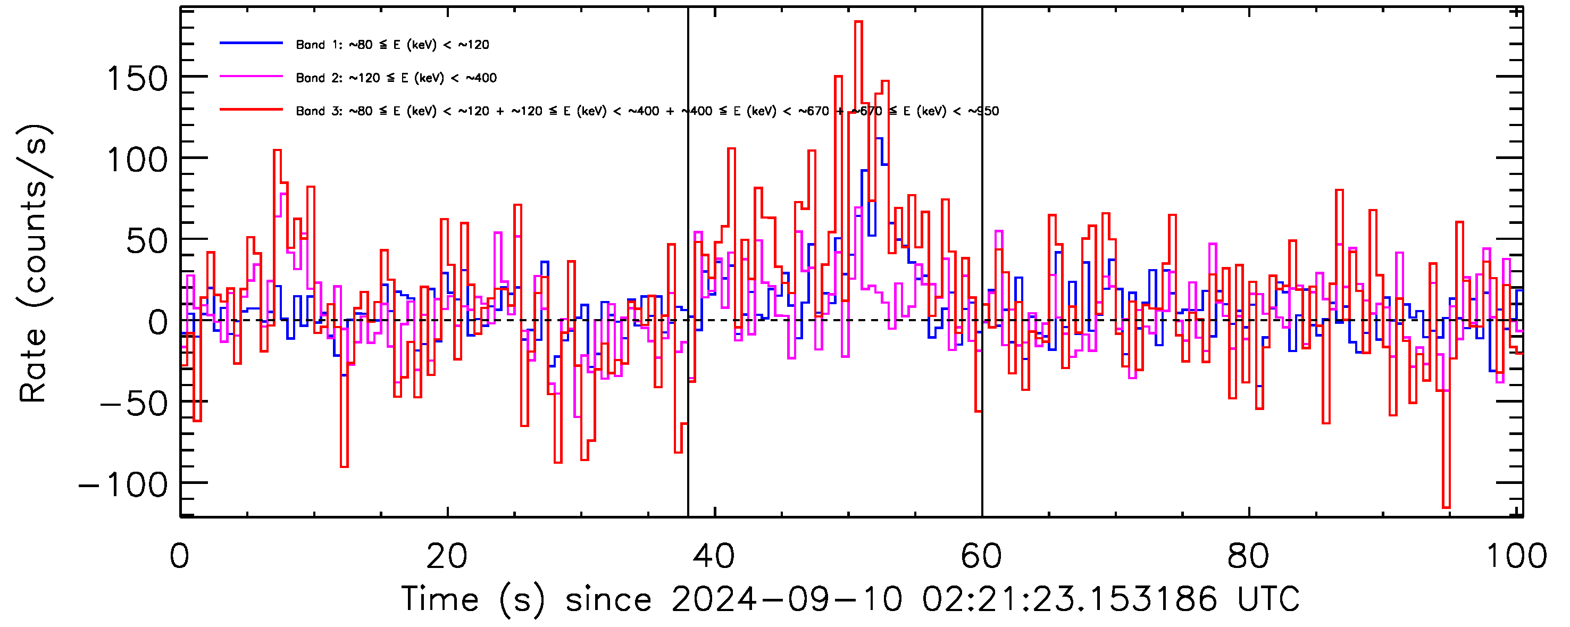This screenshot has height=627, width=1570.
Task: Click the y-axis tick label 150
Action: click(x=137, y=79)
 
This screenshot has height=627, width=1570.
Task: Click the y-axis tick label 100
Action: click(x=137, y=161)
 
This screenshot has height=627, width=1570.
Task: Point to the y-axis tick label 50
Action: click(x=146, y=242)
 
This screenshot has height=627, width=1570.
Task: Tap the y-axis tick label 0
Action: click(x=157, y=322)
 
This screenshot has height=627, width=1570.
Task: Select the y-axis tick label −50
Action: click(x=134, y=404)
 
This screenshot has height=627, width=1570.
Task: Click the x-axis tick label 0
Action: click(x=180, y=556)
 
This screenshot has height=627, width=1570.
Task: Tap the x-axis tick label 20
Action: click(x=447, y=556)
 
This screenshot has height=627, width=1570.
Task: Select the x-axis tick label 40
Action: click(x=714, y=556)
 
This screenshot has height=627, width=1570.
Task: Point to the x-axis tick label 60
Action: click(x=981, y=556)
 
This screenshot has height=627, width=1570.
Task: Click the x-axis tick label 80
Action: click(x=1248, y=556)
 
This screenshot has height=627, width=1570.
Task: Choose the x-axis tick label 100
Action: click(x=1516, y=556)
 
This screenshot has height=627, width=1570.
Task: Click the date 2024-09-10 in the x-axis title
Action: click(x=786, y=599)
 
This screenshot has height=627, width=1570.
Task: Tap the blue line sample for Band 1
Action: click(x=251, y=43)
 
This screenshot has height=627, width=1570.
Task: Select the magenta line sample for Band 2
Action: click(x=251, y=77)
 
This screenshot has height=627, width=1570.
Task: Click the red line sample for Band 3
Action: click(x=251, y=110)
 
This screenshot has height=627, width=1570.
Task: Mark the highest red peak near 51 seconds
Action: click(x=858, y=22)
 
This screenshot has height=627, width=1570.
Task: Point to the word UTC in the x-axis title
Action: click(x=1268, y=599)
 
